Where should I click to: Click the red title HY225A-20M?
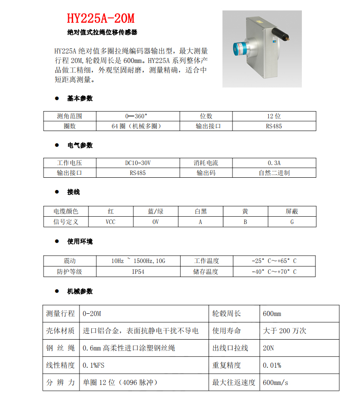101,19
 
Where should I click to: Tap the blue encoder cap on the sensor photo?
240,48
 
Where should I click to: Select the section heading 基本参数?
80,98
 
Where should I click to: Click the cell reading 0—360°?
138,116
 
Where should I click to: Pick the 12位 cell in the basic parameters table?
274,116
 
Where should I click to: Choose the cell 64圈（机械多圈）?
138,126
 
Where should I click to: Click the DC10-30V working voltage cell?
138,162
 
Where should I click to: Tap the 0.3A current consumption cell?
274,162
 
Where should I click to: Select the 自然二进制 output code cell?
274,173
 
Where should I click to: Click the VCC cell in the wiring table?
110,222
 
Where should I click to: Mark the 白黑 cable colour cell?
200,211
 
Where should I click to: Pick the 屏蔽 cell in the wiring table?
292,211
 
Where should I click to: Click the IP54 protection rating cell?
138,272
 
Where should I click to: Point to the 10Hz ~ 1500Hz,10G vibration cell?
138,261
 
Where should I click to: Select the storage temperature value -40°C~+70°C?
274,272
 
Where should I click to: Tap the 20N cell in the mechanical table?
268,348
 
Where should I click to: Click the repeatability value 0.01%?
272,365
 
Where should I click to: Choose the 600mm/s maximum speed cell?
276,383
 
